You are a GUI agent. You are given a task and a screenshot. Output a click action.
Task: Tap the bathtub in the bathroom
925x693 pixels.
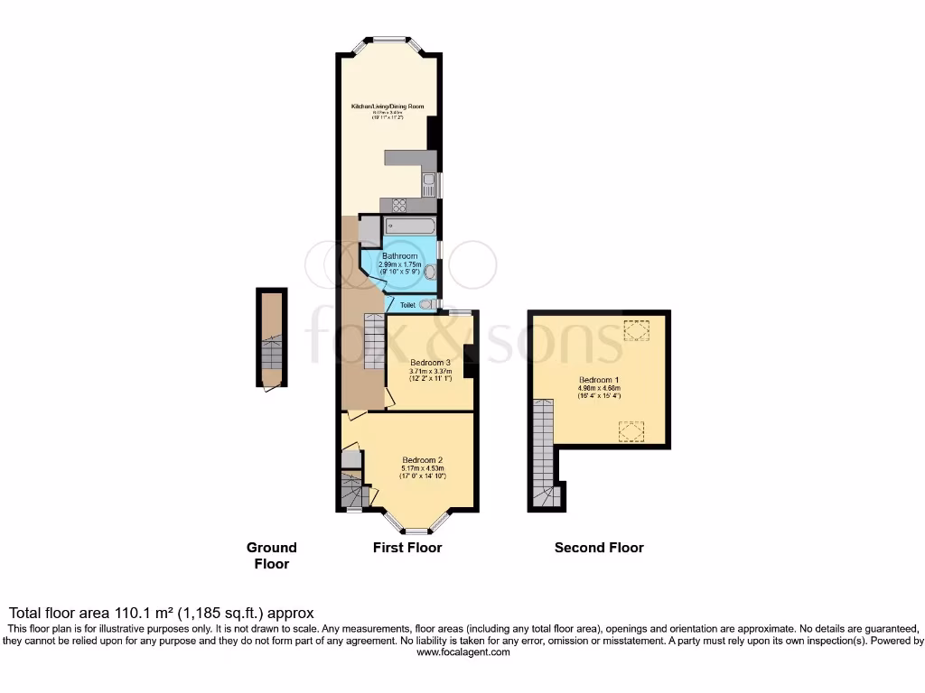pos(410,226)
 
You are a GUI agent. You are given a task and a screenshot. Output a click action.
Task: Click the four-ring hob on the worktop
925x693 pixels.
pos(399,205)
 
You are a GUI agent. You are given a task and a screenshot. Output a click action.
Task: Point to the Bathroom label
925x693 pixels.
pos(399,256)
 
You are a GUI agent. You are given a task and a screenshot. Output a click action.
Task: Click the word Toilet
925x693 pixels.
pos(407,305)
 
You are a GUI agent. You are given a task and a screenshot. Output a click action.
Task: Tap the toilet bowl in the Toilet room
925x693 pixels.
pos(425,305)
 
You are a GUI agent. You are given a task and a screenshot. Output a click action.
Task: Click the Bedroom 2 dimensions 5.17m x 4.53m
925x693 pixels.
pos(425,467)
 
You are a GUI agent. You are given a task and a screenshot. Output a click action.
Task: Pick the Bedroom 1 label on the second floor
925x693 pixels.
pos(600,381)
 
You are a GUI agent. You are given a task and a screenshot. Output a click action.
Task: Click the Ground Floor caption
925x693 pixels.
pos(271,555)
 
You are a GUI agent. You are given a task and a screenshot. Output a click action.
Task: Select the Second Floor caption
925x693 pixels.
pos(599,547)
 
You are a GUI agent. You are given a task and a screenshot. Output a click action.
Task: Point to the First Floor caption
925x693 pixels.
pos(407,547)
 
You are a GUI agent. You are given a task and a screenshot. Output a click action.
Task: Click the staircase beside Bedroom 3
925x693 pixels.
pos(375,340)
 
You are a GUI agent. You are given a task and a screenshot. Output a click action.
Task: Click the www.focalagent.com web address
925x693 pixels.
pos(462,651)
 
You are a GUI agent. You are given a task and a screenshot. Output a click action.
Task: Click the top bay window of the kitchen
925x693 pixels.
pos(389,39)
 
